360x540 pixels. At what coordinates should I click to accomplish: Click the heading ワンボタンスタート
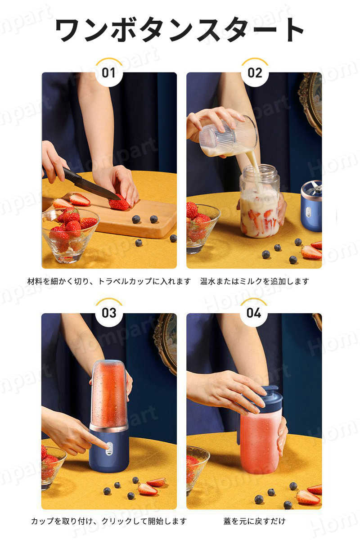point(180,30)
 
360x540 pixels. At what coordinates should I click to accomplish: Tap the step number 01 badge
point(109,72)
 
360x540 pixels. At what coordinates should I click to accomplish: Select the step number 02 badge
point(255,72)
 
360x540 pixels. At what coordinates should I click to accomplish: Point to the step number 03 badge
point(109,313)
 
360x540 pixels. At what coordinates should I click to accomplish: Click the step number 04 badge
point(254,313)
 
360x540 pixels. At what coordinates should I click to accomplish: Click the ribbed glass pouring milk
point(228,136)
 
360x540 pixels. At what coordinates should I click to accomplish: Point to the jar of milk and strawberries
point(260,201)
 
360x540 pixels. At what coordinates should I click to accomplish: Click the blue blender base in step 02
point(311,207)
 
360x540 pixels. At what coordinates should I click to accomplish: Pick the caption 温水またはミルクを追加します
point(254,281)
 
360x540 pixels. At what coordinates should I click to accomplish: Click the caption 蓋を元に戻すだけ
point(254,521)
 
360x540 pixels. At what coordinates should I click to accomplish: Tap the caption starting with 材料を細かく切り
point(109,281)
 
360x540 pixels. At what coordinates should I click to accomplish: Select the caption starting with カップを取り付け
point(109,521)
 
